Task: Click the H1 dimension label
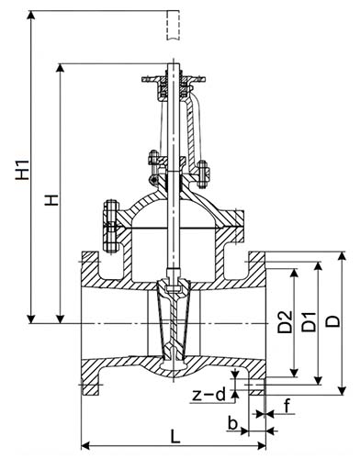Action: pos(23,169)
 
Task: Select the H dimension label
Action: pos(51,200)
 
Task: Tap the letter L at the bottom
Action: pos(175,436)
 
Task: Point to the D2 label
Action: pos(285,322)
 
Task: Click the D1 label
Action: pos(309,322)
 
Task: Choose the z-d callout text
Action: pos(209,395)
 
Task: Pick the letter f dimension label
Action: pos(287,407)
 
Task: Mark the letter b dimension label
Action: pos(233,424)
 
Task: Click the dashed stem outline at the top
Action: pos(173,25)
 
